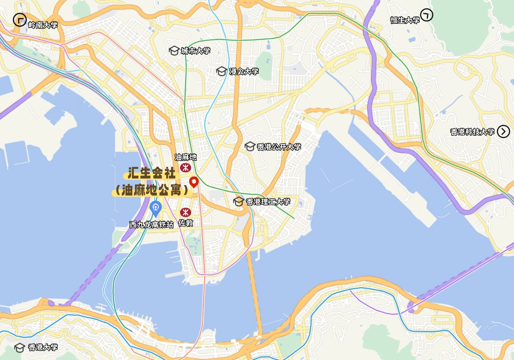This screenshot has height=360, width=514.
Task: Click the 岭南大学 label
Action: tap(43, 25)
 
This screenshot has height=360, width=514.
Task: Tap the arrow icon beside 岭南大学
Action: tap(20, 20)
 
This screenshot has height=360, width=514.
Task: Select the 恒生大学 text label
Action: tap(405, 20)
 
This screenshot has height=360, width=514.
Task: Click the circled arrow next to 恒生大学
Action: tap(427, 15)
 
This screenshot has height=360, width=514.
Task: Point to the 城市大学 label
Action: tap(195, 51)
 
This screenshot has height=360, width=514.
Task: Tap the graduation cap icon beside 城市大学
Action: tap(174, 50)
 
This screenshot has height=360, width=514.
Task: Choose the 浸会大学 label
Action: tap(244, 71)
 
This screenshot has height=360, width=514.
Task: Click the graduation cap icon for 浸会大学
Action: tap(221, 71)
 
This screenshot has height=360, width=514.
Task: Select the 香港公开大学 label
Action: tap(279, 147)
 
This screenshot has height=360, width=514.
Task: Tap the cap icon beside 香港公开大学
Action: tap(250, 147)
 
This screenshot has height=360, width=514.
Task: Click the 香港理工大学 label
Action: tap(268, 202)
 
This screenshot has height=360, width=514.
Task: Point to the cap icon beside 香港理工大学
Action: tap(238, 202)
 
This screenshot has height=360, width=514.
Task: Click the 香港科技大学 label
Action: tap(472, 132)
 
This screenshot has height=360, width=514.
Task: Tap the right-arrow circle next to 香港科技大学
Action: tap(503, 131)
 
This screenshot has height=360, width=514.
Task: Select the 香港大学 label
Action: tap(43, 347)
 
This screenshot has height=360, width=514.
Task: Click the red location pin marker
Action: tap(194, 182)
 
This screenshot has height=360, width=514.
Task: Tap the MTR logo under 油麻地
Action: tap(185, 167)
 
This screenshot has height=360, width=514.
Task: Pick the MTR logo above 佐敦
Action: tap(185, 212)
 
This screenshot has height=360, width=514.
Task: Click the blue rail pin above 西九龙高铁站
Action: tap(155, 208)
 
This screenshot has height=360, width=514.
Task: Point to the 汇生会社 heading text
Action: tap(152, 173)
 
